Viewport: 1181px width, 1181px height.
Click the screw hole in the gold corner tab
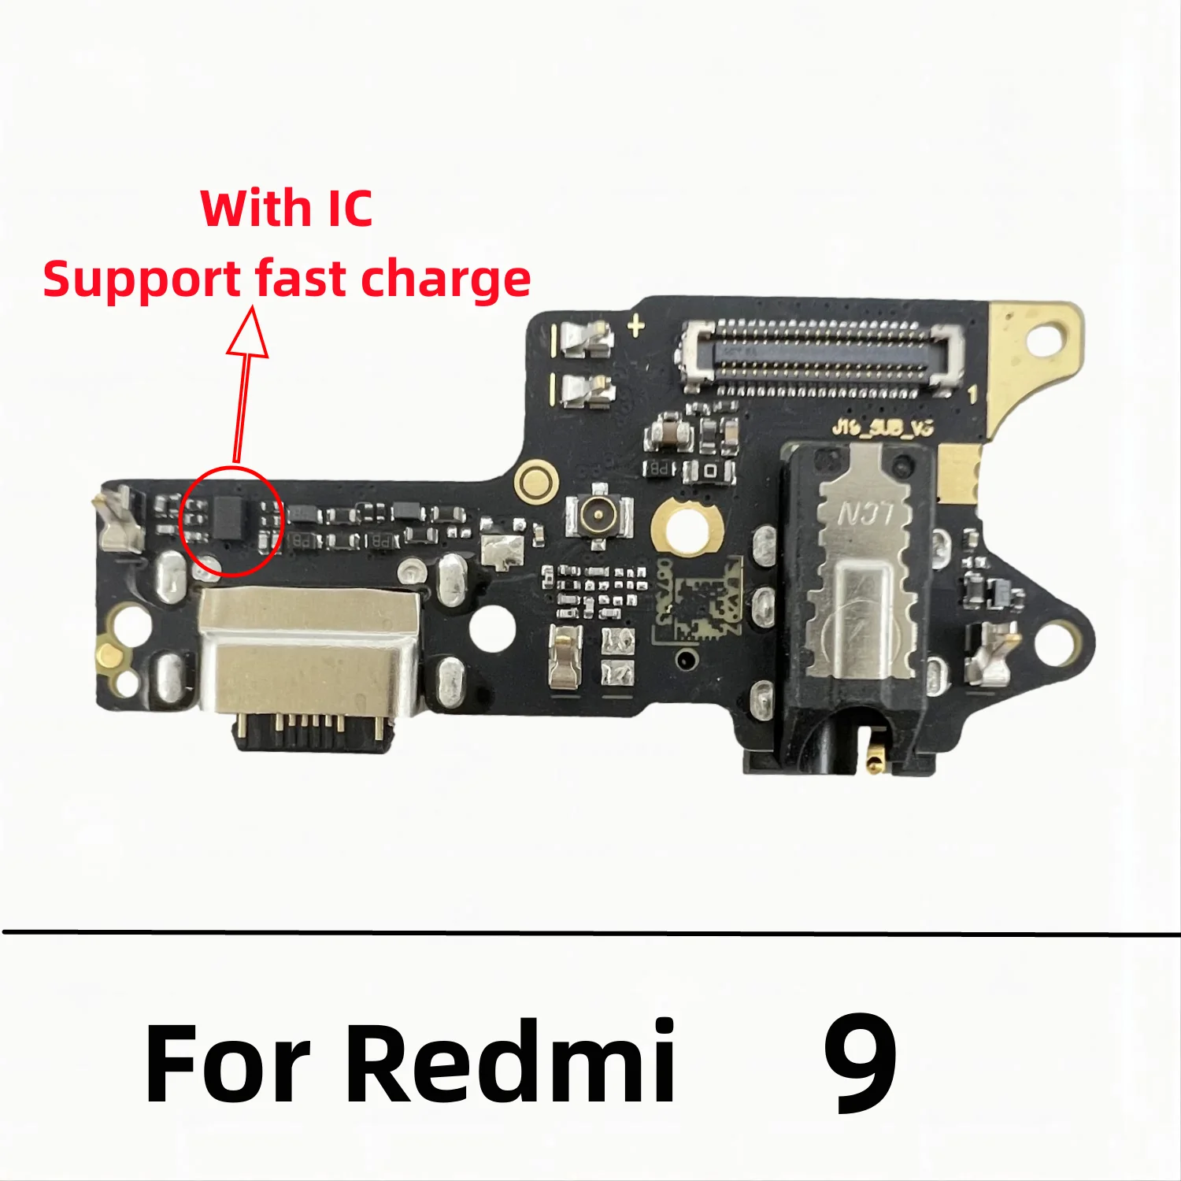click(x=1047, y=340)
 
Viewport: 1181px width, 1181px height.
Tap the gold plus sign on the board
click(x=636, y=325)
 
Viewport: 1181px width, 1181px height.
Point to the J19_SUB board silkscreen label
click(x=883, y=428)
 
